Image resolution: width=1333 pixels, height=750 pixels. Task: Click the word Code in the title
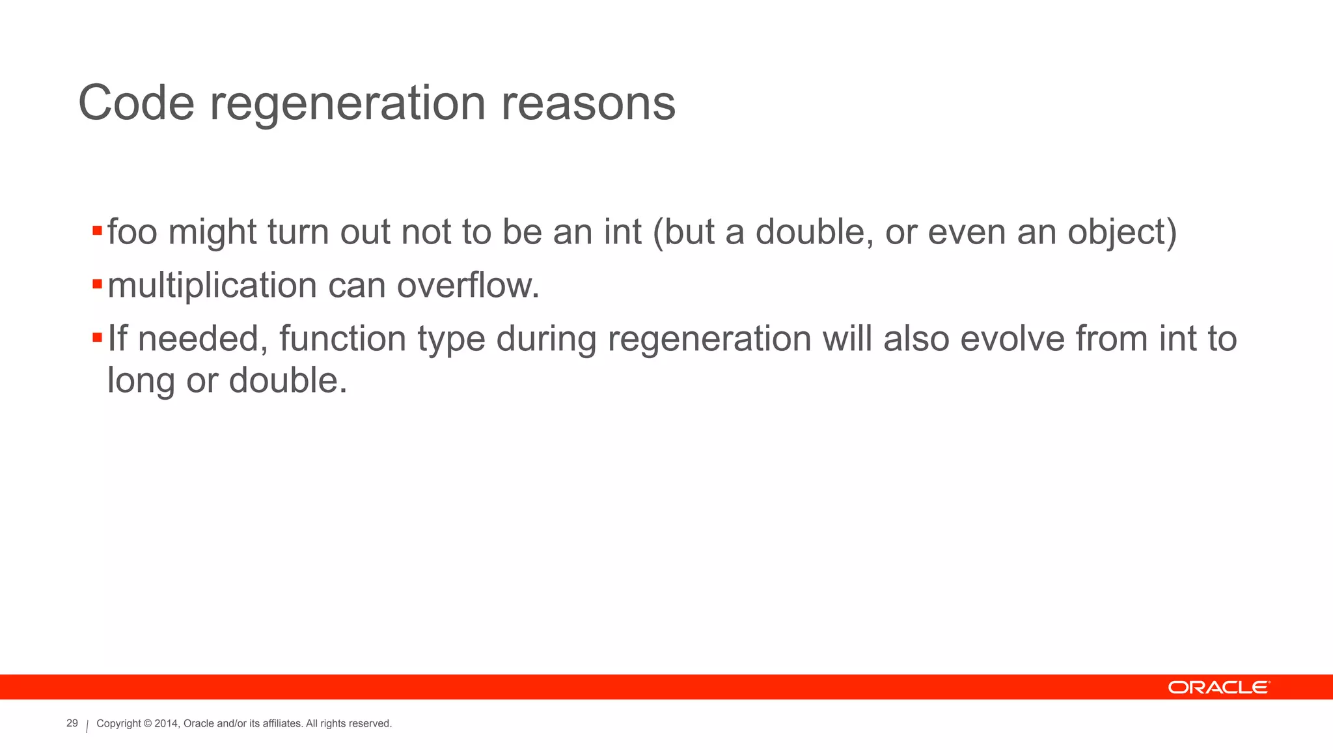(x=136, y=103)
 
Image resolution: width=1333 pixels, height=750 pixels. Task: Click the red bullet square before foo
(x=97, y=230)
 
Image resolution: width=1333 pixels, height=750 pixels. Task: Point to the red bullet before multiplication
(x=97, y=284)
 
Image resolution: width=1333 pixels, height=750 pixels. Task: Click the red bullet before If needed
(x=97, y=337)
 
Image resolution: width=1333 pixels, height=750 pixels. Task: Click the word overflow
(x=468, y=285)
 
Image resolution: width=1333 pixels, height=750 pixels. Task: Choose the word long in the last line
(x=141, y=382)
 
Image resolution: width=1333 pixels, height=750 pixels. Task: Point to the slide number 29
(x=72, y=723)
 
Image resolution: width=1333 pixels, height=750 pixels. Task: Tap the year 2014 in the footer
(x=165, y=724)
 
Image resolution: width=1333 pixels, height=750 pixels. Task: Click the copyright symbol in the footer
(x=148, y=724)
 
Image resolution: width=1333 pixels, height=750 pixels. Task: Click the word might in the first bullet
(x=212, y=233)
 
